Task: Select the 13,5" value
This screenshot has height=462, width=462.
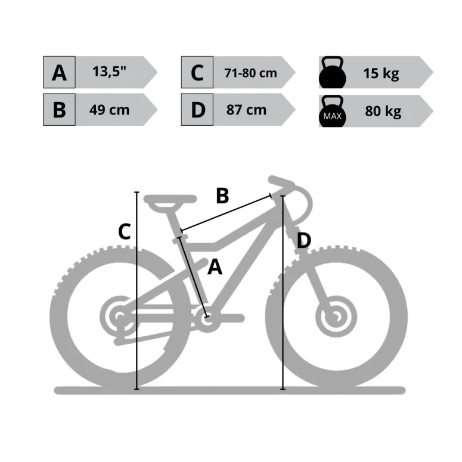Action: coord(110,72)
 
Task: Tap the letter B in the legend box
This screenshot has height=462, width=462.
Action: coord(59,110)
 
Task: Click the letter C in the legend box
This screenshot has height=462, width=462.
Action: coord(197,73)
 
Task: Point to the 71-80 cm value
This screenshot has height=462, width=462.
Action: coord(250,73)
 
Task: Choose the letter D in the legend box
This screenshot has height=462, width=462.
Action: coord(197,110)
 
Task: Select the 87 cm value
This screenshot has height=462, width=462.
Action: coord(247,110)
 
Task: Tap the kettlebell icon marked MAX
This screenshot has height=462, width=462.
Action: coord(332,111)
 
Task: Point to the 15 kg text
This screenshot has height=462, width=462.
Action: coord(381,74)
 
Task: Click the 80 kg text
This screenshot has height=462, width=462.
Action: coord(383,111)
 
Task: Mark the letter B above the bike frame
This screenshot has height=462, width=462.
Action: coord(222,196)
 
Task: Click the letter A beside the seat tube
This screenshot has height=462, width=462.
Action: coord(215,267)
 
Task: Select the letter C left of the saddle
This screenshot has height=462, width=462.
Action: coord(124,231)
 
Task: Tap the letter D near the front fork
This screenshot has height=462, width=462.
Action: coord(303,241)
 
